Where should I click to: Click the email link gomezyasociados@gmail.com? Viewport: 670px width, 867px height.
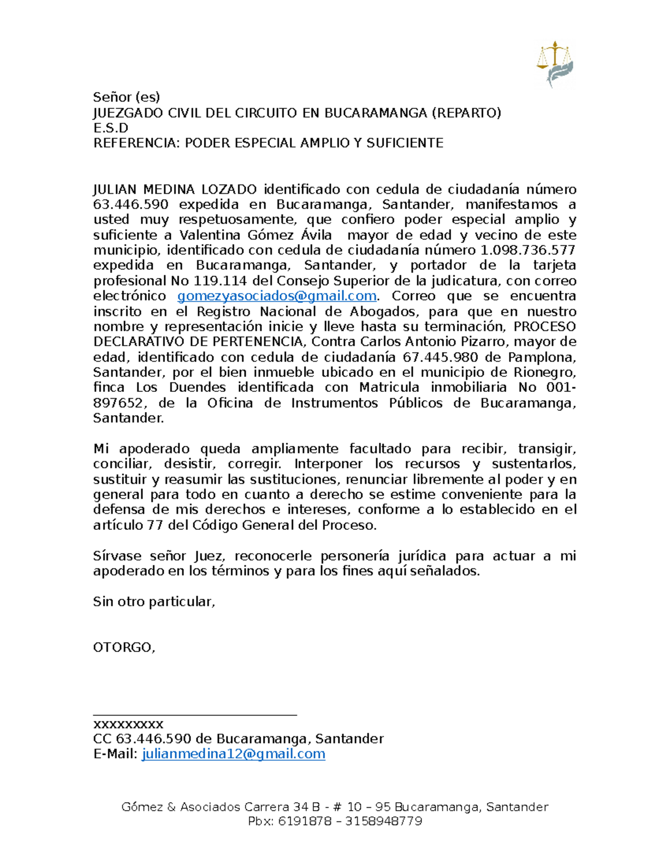click(276, 296)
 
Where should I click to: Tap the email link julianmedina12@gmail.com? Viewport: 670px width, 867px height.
click(233, 754)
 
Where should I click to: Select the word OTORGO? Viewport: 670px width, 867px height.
click(123, 648)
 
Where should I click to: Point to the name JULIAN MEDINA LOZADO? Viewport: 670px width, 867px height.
click(175, 189)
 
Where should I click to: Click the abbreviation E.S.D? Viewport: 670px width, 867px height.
click(111, 128)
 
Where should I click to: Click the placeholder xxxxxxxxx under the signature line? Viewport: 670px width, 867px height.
click(128, 724)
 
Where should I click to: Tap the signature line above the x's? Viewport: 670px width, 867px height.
click(194, 714)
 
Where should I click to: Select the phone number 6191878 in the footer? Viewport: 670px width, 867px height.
click(304, 821)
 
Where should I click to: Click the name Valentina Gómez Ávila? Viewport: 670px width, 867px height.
click(256, 235)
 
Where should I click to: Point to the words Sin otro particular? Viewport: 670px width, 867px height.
click(154, 602)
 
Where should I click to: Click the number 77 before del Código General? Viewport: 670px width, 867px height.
click(154, 525)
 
